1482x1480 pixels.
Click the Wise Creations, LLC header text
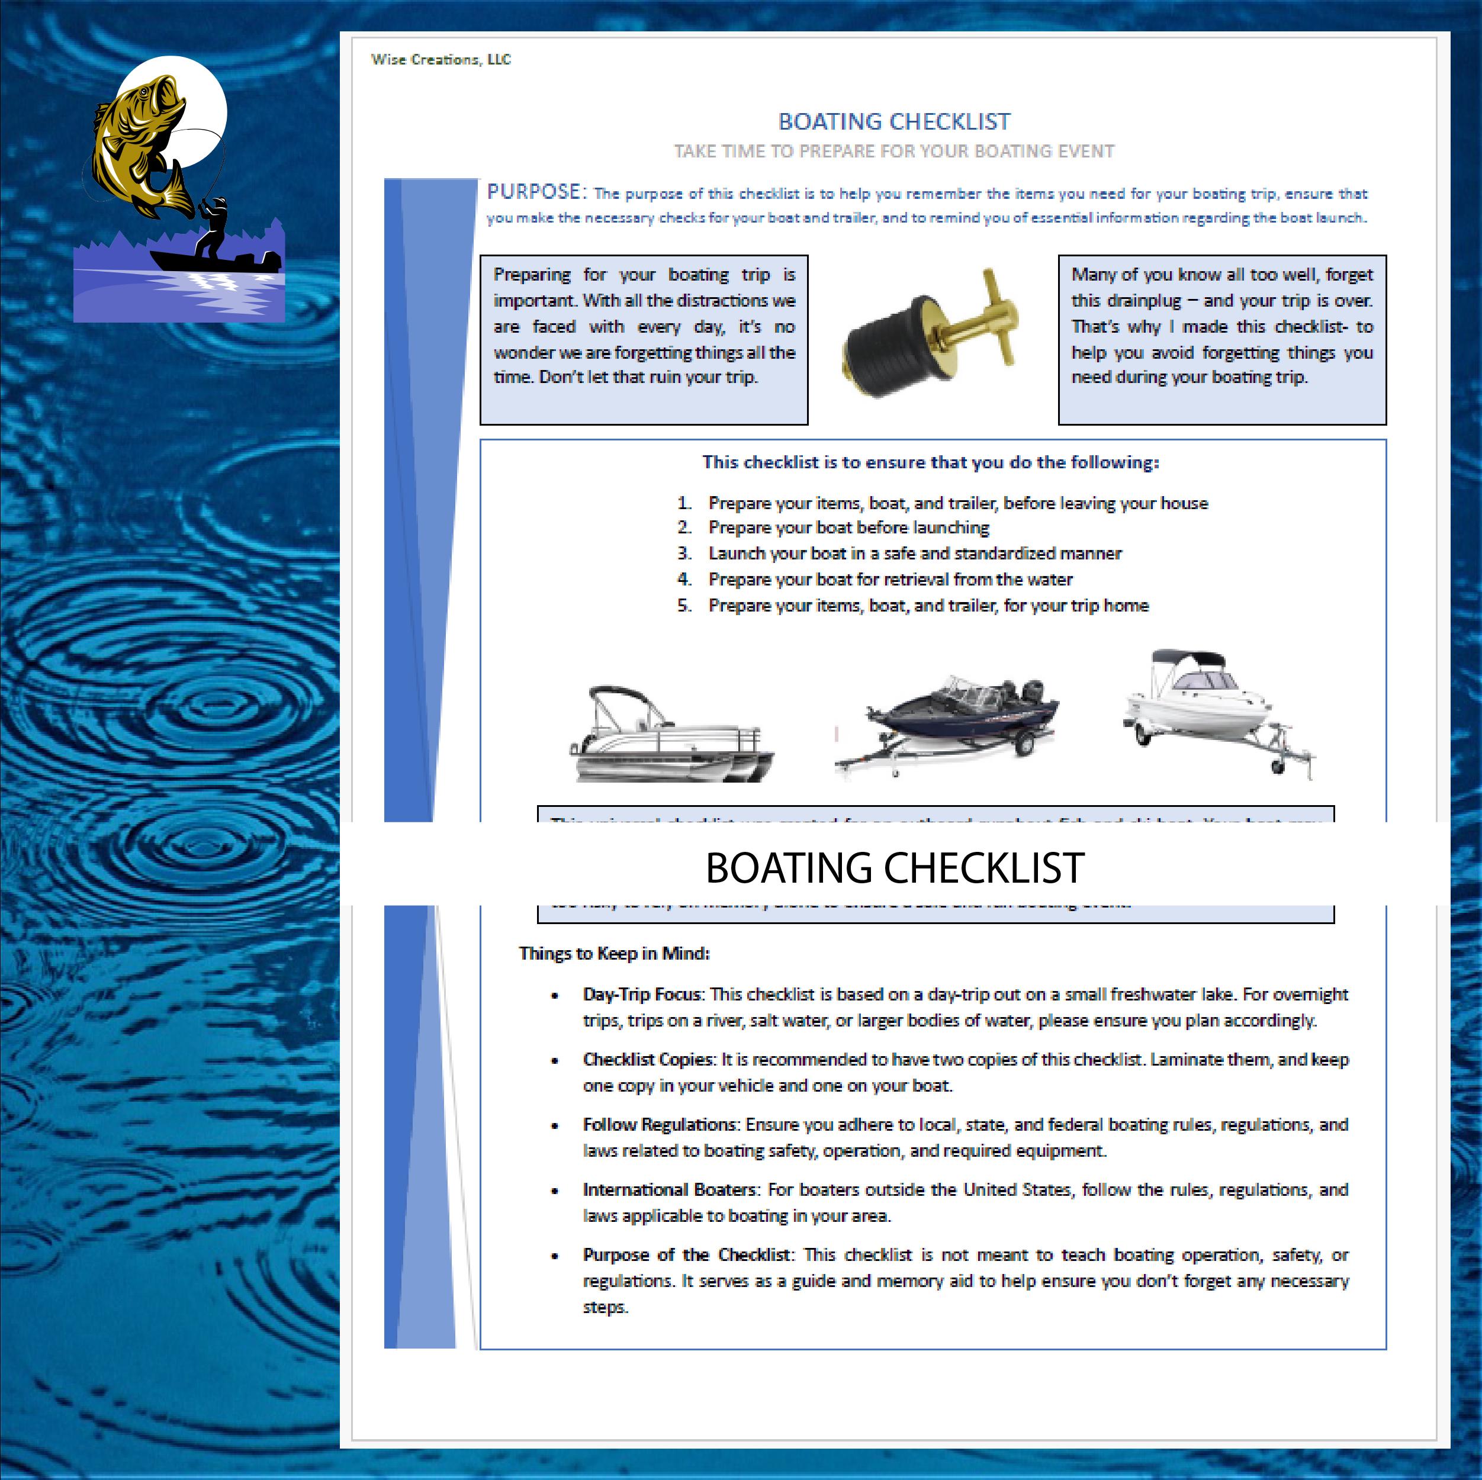(x=441, y=60)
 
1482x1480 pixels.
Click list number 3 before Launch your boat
(x=684, y=554)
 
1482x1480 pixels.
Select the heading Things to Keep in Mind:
(x=613, y=953)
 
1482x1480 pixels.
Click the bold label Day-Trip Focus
(x=641, y=995)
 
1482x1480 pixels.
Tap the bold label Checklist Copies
(x=647, y=1060)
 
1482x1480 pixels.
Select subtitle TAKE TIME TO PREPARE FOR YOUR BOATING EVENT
(x=893, y=151)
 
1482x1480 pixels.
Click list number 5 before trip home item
(x=684, y=606)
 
